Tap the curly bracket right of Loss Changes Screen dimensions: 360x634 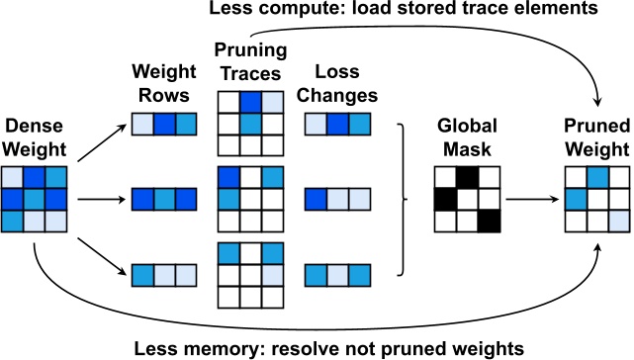[403, 199]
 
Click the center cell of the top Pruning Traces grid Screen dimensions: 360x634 [251, 123]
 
